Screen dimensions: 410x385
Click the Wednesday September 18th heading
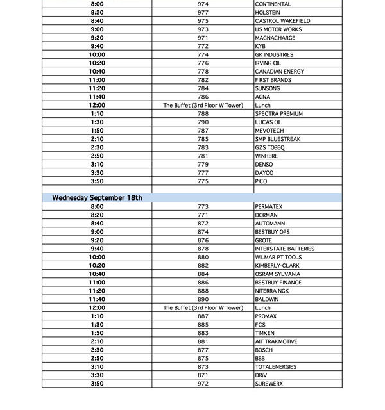(97, 198)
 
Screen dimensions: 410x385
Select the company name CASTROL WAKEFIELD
(282, 21)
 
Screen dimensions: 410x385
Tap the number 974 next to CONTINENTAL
(203, 4)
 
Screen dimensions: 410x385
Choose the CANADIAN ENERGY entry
(279, 72)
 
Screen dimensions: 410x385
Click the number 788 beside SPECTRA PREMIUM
(203, 114)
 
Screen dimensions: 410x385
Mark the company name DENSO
(264, 165)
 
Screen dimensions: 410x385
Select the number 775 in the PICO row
(203, 181)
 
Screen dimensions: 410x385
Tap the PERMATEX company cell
(268, 207)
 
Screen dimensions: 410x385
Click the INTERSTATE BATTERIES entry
(284, 249)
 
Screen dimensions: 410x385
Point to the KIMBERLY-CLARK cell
(277, 266)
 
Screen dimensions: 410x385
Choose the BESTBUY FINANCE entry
(278, 283)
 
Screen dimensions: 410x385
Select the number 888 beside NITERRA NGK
(203, 291)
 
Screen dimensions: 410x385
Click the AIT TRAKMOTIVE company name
(276, 341)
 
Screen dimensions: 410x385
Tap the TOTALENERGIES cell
(276, 367)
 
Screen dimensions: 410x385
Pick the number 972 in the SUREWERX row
(203, 384)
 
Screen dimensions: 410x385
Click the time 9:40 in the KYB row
(97, 47)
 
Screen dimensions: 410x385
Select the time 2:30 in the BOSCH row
(97, 350)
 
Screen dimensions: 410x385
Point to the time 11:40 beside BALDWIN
(97, 299)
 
